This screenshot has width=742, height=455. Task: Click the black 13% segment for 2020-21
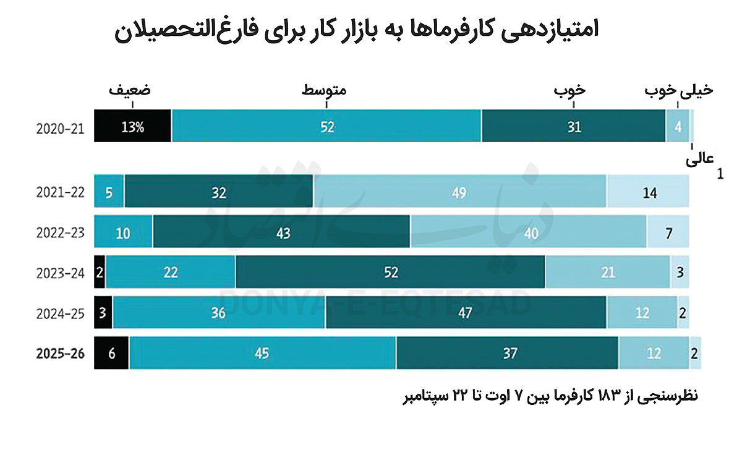pos(132,126)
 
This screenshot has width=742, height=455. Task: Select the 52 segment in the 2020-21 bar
pos(326,126)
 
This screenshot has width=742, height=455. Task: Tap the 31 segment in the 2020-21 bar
pos(574,126)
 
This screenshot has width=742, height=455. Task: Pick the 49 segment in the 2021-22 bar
pos(459,192)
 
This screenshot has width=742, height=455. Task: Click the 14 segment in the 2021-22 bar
pos(648,192)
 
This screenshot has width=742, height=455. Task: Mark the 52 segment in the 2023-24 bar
pos(390,272)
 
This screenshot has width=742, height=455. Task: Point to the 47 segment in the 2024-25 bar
pos(466,313)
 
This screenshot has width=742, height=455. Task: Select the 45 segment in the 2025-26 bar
pos(263,353)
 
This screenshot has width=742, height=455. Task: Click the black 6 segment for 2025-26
pos(111,353)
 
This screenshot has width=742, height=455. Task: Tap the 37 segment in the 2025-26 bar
pos(507,353)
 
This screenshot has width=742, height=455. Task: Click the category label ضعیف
pos(130,90)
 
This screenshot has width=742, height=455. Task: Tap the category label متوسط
pos(324,90)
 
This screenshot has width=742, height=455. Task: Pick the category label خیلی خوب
pos(679,90)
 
